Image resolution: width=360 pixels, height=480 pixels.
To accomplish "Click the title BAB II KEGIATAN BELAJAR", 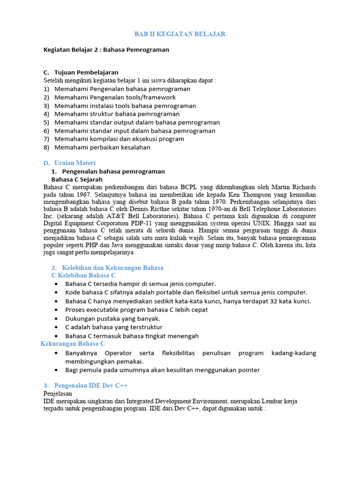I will pyautogui.click(x=180, y=34).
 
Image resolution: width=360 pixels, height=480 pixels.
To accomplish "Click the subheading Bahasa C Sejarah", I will pyautogui.click(x=77, y=180).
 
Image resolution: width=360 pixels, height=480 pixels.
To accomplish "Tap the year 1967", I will pyautogui.click(x=83, y=195).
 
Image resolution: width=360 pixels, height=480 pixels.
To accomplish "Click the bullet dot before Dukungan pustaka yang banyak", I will pyautogui.click(x=56, y=319).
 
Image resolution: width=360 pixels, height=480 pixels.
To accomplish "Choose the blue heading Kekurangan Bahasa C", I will pyautogui.click(x=73, y=344).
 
